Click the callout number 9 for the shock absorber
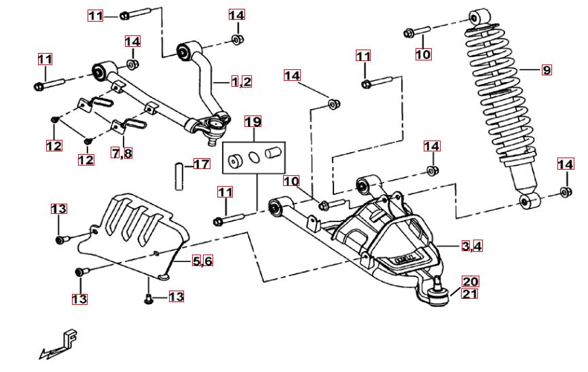coord(547,69)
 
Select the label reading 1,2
coord(241,82)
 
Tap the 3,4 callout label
coord(472,246)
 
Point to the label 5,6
coord(202,261)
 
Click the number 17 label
coord(202,164)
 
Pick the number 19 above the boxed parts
coord(253,122)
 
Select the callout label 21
coord(471,294)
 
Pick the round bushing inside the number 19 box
coord(236,161)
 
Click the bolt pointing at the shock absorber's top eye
coord(416,31)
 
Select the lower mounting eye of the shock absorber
coord(530,201)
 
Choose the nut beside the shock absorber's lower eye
coord(566,192)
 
